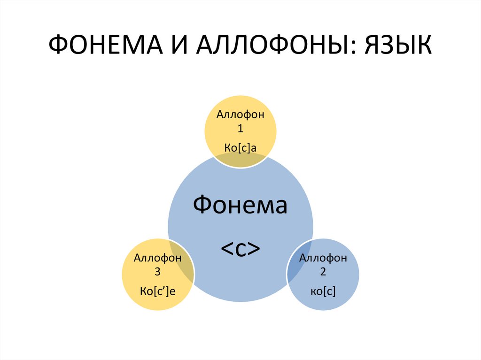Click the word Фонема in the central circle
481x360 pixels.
pos(240,206)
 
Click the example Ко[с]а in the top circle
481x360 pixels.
pos(240,149)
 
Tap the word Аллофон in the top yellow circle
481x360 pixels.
pos(240,115)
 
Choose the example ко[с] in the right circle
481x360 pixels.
pos(323,291)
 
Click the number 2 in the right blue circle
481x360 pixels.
pos(323,272)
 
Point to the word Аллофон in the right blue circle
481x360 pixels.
pos(323,258)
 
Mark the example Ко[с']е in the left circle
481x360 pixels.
pos(158,291)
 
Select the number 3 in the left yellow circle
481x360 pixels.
pos(158,272)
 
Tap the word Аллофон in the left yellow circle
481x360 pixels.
pos(158,258)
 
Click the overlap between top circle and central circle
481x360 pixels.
pos(240,161)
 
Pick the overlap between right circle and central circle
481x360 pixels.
pos(296,260)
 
